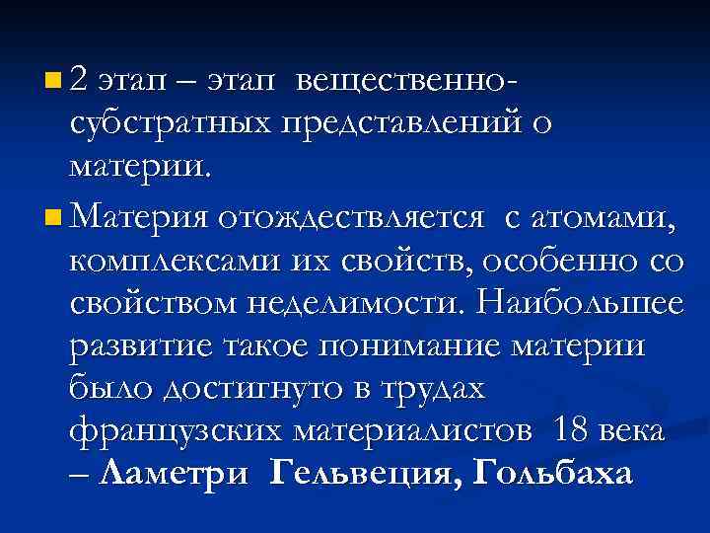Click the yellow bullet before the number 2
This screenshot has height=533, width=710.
[x=51, y=77]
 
